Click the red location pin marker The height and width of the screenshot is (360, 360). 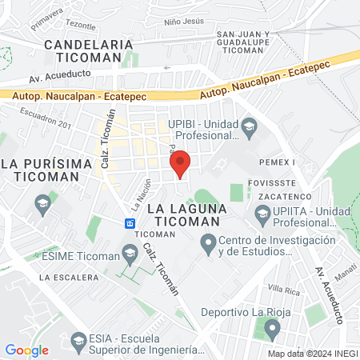coord(180,163)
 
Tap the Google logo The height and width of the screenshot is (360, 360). coord(27,350)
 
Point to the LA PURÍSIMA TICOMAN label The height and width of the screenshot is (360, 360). coord(39,170)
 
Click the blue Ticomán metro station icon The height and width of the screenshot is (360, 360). coord(129,222)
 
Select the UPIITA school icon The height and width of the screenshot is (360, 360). coord(262,214)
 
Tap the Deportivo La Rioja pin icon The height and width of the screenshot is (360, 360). coord(273,327)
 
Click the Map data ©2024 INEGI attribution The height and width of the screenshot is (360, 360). coord(312,353)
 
